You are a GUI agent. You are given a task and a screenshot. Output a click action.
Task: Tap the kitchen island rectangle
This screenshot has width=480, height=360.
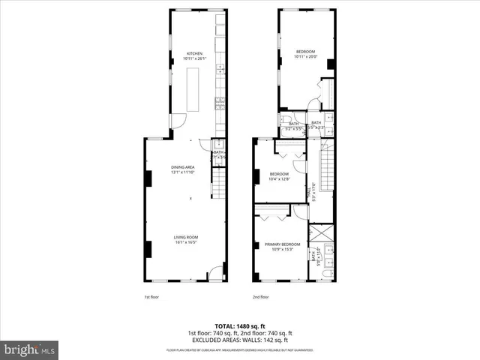[193, 88]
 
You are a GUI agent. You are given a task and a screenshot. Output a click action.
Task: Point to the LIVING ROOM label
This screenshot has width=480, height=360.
[185, 238]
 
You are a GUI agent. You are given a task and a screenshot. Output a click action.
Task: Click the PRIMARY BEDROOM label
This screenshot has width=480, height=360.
[282, 244]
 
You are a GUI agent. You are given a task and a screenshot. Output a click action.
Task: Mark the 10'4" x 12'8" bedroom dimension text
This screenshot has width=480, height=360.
[279, 178]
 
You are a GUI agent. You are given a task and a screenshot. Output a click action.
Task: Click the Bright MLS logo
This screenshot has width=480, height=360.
[29, 349]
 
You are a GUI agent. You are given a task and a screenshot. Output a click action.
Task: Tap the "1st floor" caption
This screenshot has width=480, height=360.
[151, 297]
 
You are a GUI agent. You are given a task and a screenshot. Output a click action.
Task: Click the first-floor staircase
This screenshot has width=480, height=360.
[217, 182]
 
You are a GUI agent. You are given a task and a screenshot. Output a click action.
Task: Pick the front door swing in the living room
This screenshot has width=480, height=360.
[214, 273]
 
